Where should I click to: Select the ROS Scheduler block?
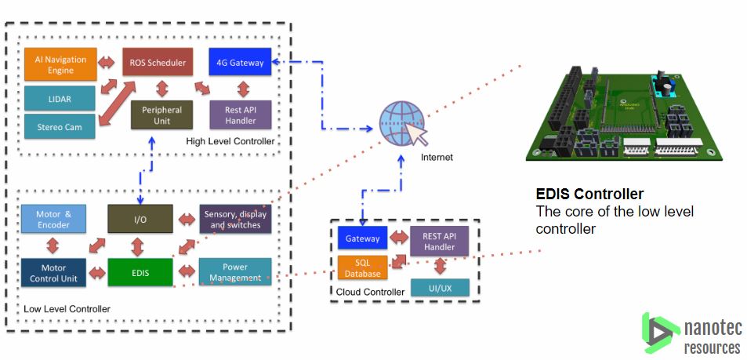[157, 63]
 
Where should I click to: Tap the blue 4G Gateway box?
[240, 63]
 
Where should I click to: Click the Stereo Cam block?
[60, 124]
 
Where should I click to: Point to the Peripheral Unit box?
[161, 115]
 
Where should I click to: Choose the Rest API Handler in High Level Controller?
[241, 115]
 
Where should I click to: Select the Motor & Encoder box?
[53, 220]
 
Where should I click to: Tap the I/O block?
[140, 219]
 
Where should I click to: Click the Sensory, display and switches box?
[236, 220]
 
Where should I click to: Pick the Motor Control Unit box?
[53, 271]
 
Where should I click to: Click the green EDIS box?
[140, 272]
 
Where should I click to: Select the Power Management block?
[235, 271]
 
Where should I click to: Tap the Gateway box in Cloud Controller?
[362, 238]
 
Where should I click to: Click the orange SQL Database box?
[362, 267]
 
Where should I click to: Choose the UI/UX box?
[439, 288]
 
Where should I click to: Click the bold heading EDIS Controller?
[589, 194]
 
